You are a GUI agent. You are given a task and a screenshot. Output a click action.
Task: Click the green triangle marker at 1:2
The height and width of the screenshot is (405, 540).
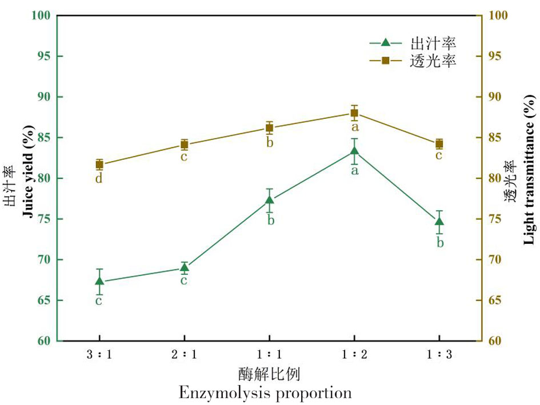354,151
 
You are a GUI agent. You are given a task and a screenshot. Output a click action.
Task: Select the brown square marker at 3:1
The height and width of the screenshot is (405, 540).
99,165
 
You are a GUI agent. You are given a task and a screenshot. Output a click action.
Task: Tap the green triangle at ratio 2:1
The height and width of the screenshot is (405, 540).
184,267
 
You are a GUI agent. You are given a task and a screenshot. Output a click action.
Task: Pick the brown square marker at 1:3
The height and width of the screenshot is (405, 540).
439,144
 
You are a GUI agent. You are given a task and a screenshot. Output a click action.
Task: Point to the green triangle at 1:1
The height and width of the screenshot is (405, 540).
270,200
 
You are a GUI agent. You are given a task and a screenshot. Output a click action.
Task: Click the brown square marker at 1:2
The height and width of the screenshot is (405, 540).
354,113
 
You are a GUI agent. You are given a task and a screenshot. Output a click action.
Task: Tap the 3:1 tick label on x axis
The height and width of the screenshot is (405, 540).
99,355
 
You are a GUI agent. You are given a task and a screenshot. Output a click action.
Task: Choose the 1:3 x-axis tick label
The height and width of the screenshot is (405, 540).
439,355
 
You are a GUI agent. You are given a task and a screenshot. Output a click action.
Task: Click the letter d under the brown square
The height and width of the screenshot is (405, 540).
99,179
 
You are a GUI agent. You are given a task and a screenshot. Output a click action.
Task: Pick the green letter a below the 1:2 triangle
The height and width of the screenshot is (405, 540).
354,170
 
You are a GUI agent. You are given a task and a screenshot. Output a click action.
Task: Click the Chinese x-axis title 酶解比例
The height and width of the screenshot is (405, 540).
269,375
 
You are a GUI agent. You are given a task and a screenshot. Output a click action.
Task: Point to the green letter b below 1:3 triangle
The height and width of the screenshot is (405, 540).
439,243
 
